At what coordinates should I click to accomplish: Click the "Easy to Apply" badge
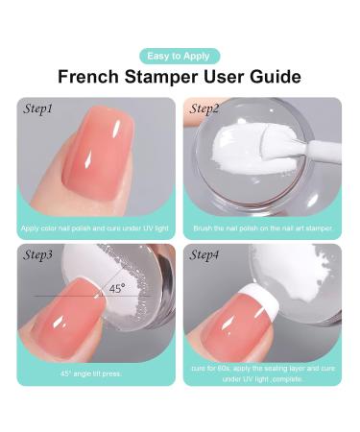180,57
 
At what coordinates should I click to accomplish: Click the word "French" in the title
88,77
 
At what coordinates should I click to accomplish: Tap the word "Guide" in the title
276,77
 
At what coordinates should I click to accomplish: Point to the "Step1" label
37,108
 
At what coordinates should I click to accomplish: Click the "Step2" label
204,108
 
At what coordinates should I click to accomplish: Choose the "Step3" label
37,255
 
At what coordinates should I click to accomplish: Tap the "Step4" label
204,255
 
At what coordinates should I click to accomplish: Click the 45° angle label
117,289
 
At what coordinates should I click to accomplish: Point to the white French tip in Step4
261,300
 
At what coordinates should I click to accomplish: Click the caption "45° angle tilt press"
91,373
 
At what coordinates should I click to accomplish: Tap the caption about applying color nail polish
95,228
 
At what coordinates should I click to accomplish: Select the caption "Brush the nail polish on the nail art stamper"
263,228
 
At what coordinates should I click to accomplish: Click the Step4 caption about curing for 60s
263,373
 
